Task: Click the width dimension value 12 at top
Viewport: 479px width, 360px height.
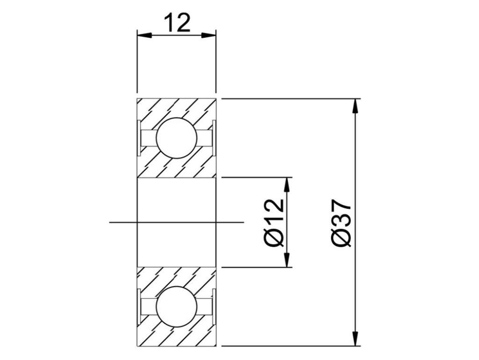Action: [177, 22]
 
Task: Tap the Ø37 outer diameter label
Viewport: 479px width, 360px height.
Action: [342, 223]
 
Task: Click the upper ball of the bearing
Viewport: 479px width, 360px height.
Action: [176, 138]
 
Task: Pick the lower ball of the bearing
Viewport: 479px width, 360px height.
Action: [176, 307]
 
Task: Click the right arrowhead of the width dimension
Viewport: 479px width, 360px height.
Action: [209, 35]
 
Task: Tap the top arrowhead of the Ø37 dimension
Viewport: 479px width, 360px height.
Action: [355, 106]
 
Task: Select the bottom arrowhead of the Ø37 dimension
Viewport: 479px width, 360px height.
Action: [355, 338]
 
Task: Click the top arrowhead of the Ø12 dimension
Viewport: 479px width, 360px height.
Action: [287, 185]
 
